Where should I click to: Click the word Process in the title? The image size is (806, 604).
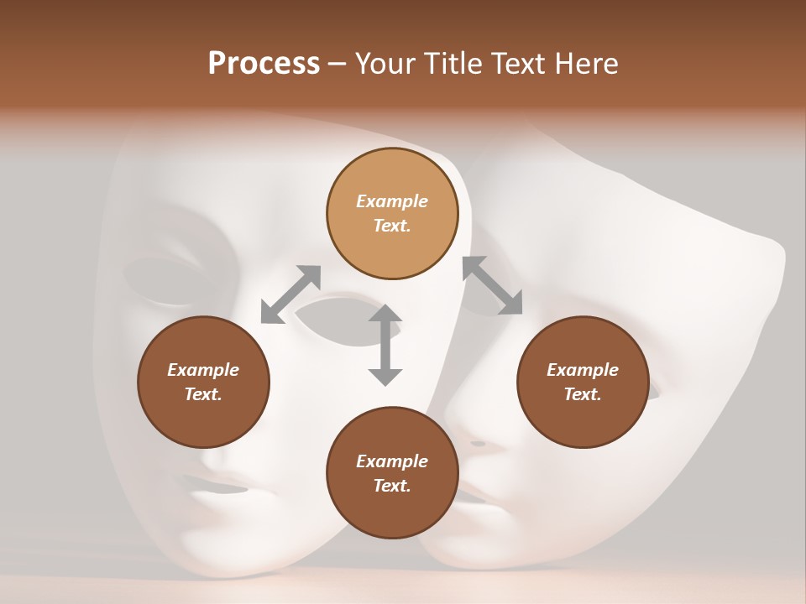(x=264, y=64)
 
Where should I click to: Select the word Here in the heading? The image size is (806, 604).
(x=585, y=64)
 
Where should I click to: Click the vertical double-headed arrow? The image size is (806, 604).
(x=385, y=346)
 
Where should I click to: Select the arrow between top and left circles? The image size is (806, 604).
(x=290, y=294)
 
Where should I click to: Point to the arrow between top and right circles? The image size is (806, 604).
(x=492, y=285)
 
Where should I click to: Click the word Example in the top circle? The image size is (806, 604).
(x=392, y=201)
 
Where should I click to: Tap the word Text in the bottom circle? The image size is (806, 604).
(x=391, y=486)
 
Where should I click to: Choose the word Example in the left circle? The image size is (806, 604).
(x=203, y=370)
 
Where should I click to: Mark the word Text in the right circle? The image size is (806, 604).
(x=582, y=394)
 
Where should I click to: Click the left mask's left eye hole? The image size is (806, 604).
(x=164, y=281)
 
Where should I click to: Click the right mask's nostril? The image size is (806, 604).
(x=479, y=443)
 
